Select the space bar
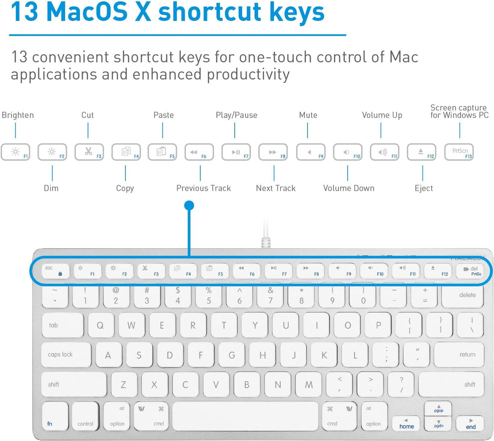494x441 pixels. click(x=245, y=416)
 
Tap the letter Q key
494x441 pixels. click(x=100, y=325)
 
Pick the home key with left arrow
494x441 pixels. click(x=406, y=424)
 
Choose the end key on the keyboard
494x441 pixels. click(x=470, y=424)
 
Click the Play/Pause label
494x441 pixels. click(x=236, y=115)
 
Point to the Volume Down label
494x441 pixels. click(x=349, y=188)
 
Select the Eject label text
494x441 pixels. click(x=424, y=188)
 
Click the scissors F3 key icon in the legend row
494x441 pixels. click(x=89, y=152)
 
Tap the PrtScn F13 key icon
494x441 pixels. click(x=459, y=152)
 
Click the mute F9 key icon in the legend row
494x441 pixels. click(x=311, y=152)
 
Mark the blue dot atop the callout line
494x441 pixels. click(x=189, y=206)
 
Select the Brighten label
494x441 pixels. click(x=18, y=115)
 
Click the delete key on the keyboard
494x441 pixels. click(x=467, y=295)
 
